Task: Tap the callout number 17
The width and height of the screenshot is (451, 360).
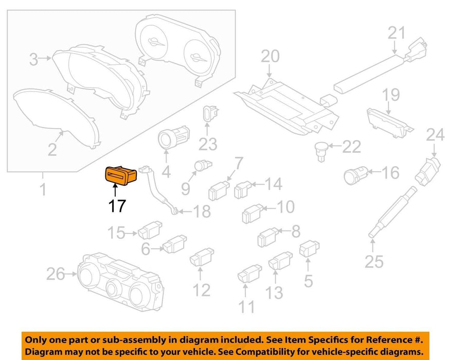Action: tap(117, 207)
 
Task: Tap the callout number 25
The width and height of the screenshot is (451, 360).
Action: tap(374, 262)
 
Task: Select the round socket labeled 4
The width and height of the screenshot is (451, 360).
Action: tap(168, 138)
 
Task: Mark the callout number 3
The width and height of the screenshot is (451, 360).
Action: tap(33, 60)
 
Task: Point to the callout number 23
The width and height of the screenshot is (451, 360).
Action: tap(208, 145)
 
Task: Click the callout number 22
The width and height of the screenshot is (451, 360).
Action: tap(351, 148)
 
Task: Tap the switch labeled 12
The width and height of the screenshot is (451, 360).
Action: tap(201, 257)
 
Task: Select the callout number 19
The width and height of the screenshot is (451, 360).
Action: tap(390, 95)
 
